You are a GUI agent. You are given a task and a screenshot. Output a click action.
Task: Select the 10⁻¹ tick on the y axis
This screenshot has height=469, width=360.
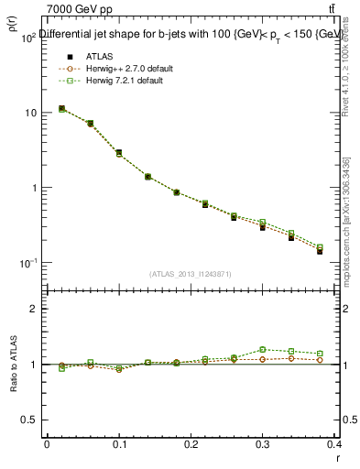[27, 264]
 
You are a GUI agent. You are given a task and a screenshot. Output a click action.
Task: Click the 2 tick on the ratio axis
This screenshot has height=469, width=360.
[32, 309]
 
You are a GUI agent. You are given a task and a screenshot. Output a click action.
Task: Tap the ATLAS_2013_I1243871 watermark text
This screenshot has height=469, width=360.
[190, 274]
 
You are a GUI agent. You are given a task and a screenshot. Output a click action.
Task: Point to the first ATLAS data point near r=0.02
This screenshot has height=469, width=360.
[61, 109]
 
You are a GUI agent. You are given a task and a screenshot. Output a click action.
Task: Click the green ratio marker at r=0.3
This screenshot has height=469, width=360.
[262, 349]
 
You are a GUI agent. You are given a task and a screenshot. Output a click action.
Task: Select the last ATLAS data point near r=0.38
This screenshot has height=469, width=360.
[320, 250]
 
